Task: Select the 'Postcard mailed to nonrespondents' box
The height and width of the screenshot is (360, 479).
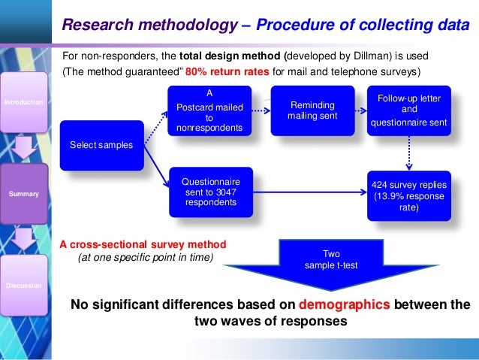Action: (x=209, y=110)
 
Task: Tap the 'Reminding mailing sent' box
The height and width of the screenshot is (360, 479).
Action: (x=312, y=110)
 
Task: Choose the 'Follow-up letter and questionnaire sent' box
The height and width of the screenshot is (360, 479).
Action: (x=409, y=110)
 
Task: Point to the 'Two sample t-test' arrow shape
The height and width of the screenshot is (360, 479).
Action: (x=331, y=260)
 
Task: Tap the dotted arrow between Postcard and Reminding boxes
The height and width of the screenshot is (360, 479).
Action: (x=260, y=110)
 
